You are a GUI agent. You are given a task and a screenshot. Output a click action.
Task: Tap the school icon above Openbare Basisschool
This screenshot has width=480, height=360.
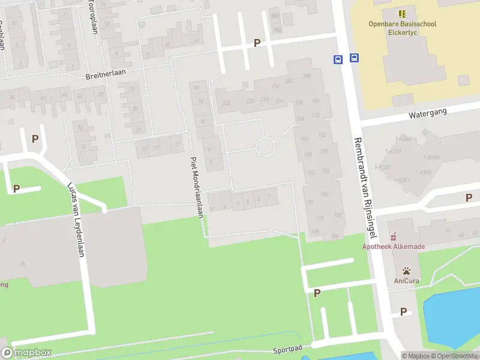[402, 13]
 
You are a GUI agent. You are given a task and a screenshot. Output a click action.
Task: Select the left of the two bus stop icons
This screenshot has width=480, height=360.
[338, 59]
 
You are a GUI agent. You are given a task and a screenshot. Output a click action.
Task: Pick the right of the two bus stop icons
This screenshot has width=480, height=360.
[355, 58]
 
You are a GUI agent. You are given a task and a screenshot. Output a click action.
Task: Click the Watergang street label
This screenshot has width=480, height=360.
[425, 113]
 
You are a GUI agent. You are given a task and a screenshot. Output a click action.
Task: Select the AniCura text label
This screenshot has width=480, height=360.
[406, 280]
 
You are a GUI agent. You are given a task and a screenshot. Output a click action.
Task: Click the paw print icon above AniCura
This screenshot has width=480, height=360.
[406, 271]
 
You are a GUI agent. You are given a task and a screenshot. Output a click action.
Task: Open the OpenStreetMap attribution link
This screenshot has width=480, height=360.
[454, 356]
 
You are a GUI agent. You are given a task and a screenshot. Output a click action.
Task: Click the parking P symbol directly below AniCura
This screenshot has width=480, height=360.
[403, 311]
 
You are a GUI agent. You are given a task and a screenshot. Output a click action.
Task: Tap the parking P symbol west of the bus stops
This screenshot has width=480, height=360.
[257, 43]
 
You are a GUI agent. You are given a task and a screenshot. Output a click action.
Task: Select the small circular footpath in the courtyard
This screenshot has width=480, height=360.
[265, 146]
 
